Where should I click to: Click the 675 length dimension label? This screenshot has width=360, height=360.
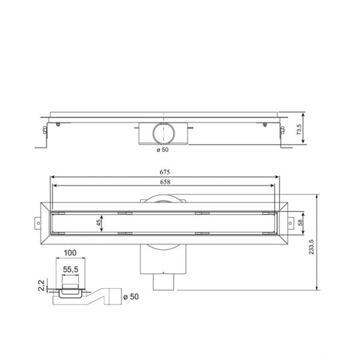pos(164,173)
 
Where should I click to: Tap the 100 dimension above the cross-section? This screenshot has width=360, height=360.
pos(71,254)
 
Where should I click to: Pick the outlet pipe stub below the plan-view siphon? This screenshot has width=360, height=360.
pos(163,283)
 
